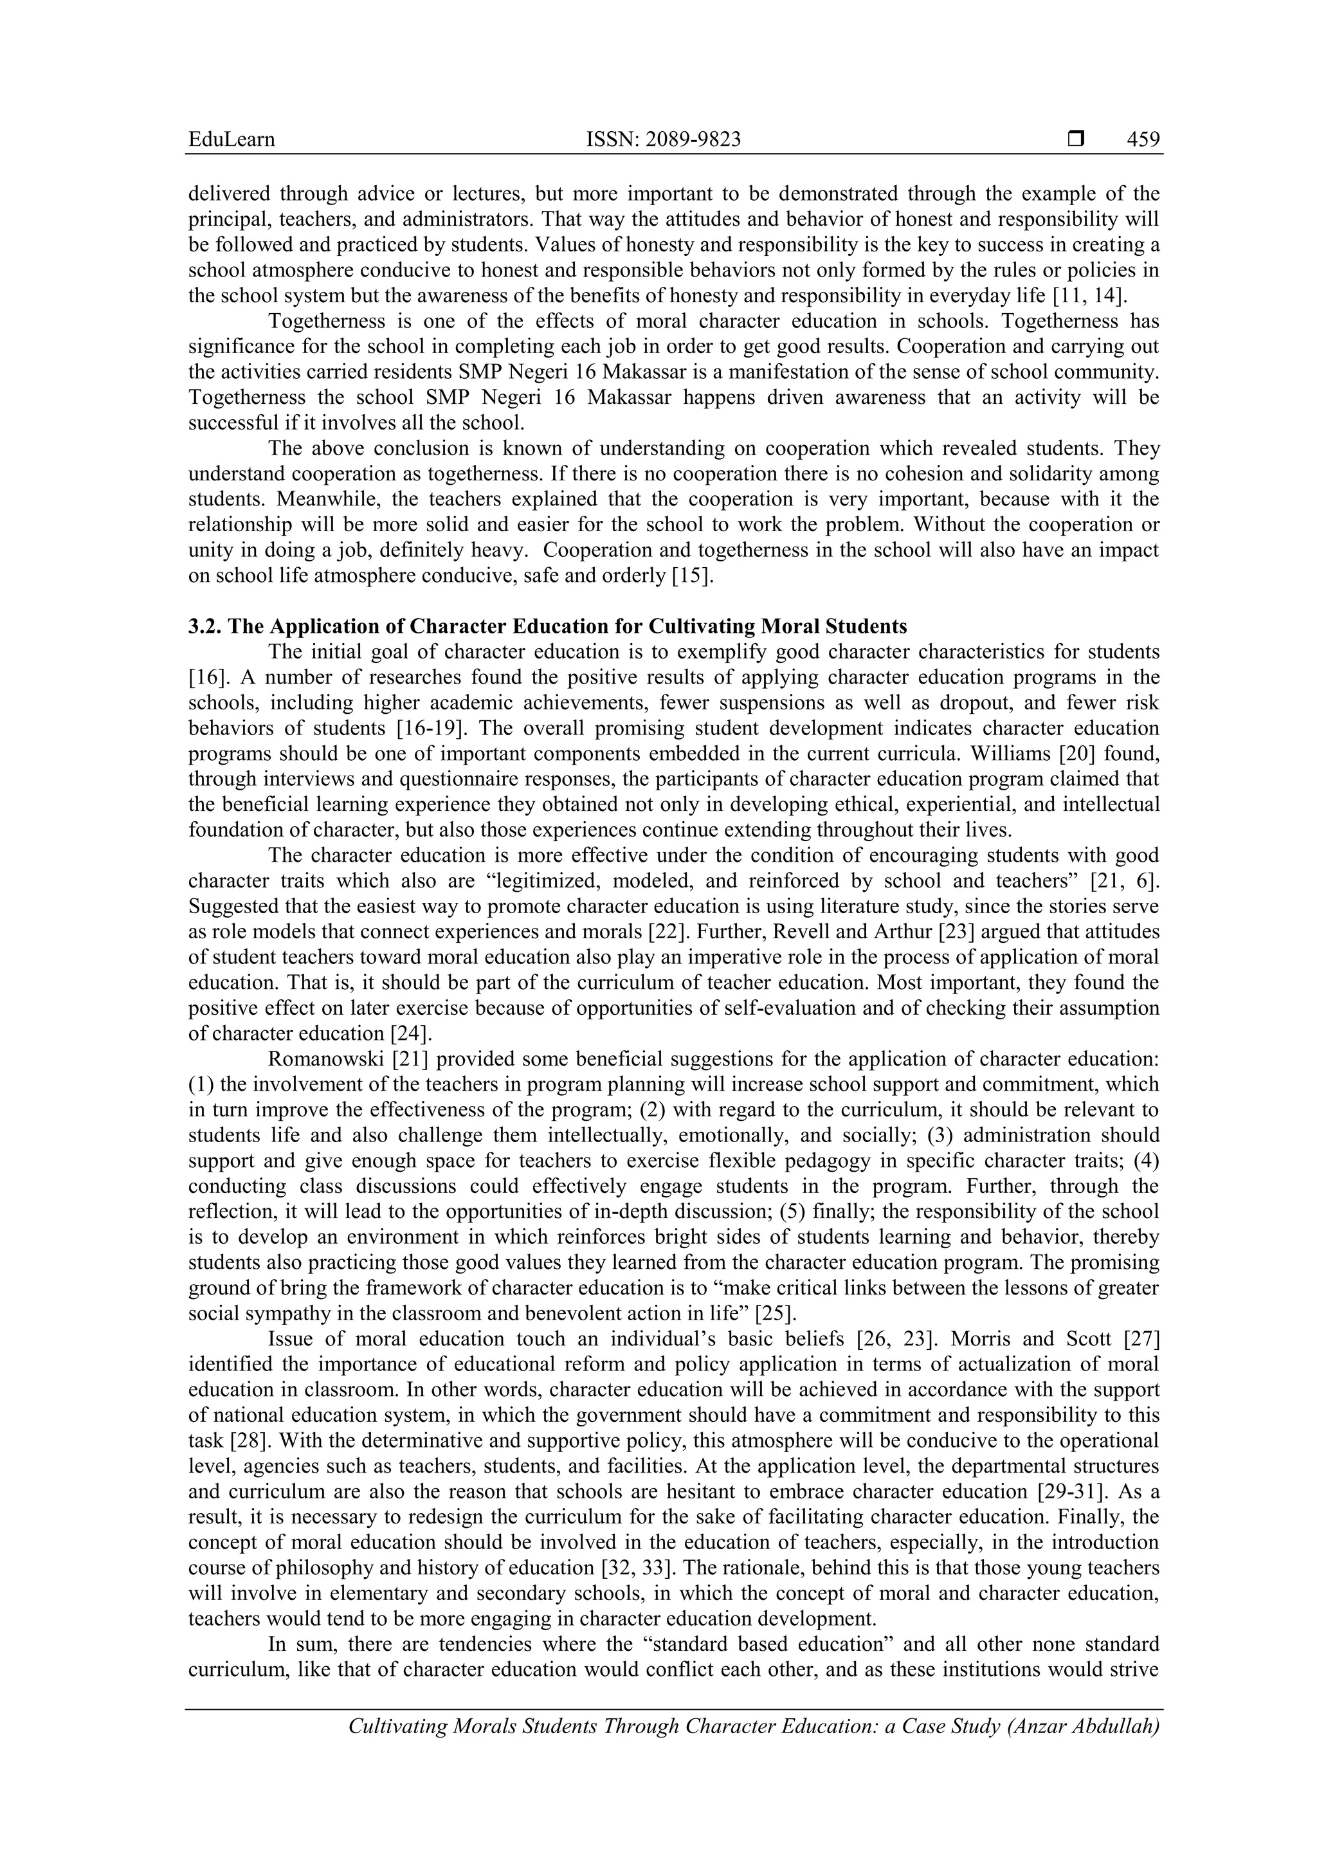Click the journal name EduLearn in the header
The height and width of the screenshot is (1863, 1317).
click(232, 140)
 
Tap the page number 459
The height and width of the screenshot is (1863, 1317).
click(1143, 140)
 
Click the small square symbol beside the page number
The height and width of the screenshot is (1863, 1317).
click(1076, 140)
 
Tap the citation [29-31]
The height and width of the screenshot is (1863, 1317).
click(1075, 1491)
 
